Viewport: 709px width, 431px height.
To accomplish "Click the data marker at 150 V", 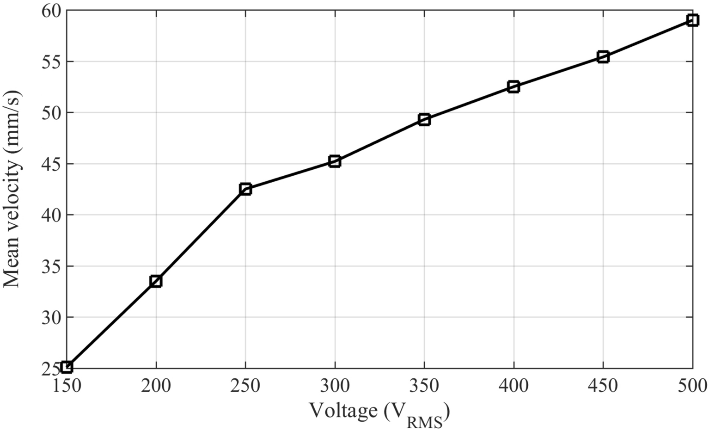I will tap(67, 367).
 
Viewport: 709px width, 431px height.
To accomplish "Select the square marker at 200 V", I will tap(156, 281).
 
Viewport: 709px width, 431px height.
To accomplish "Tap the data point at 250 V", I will tap(245, 189).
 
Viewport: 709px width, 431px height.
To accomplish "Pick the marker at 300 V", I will tap(335, 161).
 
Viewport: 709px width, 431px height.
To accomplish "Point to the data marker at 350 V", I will tap(424, 120).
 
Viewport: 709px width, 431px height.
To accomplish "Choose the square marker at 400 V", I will tap(513, 86).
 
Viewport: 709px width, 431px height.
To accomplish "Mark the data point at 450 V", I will tap(603, 57).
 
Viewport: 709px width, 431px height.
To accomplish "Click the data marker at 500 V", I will tap(692, 20).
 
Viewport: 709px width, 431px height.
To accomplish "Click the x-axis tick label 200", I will tap(156, 385).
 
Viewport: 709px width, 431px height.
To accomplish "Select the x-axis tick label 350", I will tap(424, 385).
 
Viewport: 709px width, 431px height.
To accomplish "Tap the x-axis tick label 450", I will tap(603, 385).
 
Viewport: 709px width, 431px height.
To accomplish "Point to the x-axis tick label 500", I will tap(692, 385).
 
